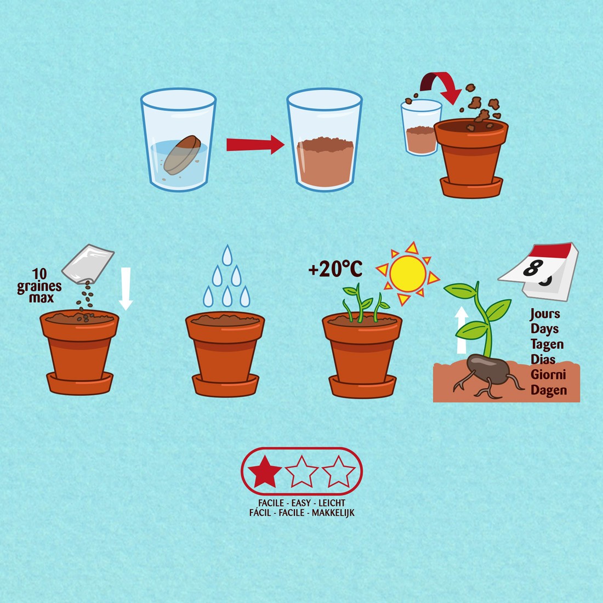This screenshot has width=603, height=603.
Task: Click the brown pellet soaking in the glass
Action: coord(182,155)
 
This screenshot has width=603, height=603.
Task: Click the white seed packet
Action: coord(88,264)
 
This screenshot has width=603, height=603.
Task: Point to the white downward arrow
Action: coord(126,288)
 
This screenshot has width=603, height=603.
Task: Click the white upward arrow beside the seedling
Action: coord(461,330)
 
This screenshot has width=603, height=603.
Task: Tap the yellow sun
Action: coord(407,274)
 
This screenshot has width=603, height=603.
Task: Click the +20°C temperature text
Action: coord(335,269)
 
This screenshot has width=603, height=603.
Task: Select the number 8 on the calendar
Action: coord(533,268)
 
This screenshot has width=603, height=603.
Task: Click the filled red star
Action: coord(265,471)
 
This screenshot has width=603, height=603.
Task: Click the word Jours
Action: coord(544,314)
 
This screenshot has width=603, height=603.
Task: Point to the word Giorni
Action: coord(548,374)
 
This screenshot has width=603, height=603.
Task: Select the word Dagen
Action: coord(548,390)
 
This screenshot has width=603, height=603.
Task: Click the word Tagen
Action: coord(547,344)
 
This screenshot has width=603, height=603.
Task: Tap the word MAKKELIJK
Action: coord(333,513)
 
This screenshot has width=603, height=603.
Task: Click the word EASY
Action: coord(301,503)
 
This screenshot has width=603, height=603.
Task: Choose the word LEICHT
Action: coord(332,503)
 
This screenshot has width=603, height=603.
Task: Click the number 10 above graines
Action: coord(39,274)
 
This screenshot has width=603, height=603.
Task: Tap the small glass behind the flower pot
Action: coord(420,127)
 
